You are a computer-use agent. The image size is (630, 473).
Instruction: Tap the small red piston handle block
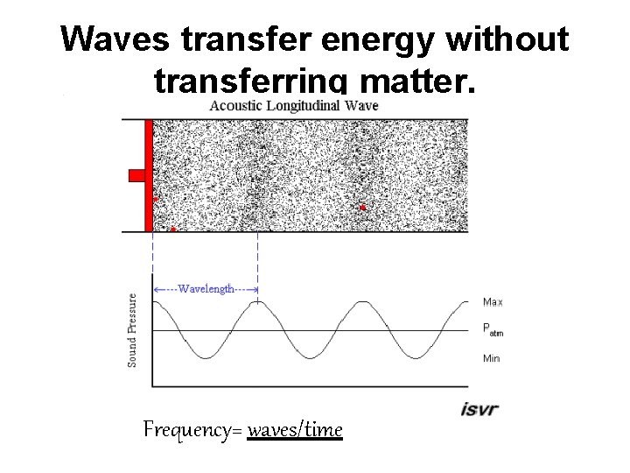point(136,175)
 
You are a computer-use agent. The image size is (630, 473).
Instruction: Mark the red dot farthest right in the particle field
point(362,208)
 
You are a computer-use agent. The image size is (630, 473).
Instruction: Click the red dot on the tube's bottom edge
point(173,229)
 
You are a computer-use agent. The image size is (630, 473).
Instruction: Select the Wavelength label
point(206,289)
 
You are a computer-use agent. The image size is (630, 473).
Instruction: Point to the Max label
point(493,302)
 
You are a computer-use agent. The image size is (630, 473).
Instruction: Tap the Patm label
point(493,330)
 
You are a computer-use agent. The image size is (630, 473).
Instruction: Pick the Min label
point(491,358)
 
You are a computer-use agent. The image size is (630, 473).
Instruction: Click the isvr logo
point(479,408)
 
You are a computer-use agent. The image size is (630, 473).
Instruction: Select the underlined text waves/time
point(295,430)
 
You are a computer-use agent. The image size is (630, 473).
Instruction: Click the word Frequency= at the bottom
point(193,430)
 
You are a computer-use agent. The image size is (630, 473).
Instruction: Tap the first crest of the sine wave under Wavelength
point(257,303)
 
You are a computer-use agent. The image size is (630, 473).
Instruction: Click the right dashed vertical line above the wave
point(257,263)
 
